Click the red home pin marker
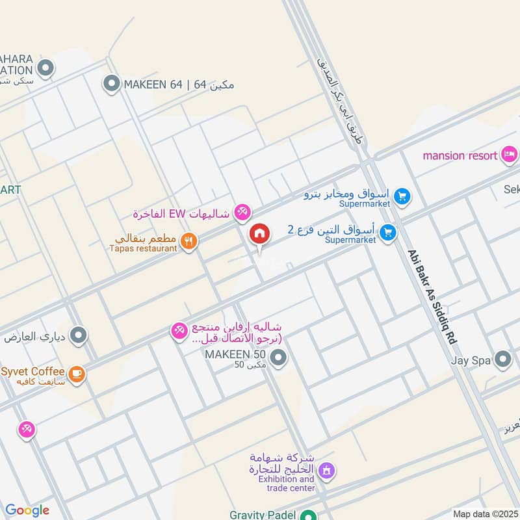(x=259, y=233)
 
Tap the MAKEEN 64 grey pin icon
(x=112, y=83)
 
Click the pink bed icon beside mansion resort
(x=510, y=154)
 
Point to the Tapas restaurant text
(x=144, y=248)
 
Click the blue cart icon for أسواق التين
(x=388, y=232)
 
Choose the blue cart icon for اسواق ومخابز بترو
(x=402, y=196)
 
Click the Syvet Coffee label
(x=32, y=371)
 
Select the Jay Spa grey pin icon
(x=502, y=359)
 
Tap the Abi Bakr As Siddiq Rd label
(x=432, y=298)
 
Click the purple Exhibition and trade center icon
(x=326, y=469)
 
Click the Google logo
(x=27, y=510)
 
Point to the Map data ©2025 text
(x=484, y=513)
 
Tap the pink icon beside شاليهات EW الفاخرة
(x=242, y=211)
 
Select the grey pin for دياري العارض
(x=79, y=335)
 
